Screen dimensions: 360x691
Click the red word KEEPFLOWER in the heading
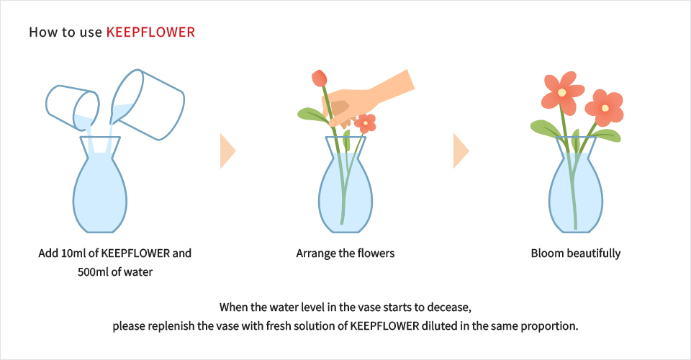(x=150, y=32)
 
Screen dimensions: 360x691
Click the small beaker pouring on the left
(x=72, y=105)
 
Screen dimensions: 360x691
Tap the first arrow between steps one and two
(x=227, y=150)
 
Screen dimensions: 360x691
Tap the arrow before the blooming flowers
(x=461, y=150)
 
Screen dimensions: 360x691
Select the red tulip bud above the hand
(x=320, y=78)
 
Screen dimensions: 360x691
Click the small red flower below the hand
(x=366, y=123)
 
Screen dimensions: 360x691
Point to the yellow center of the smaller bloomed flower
(x=605, y=108)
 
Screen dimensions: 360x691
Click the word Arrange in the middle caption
(x=315, y=253)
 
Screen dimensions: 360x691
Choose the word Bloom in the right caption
(x=546, y=253)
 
